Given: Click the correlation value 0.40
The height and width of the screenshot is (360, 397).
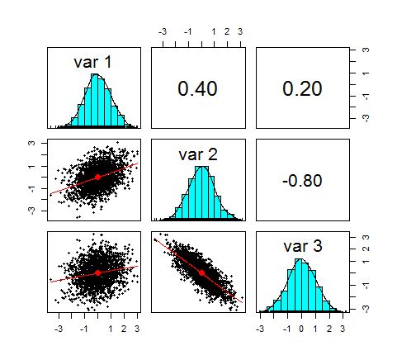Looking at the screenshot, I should point(197,89).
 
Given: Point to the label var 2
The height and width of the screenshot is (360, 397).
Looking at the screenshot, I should point(197,152).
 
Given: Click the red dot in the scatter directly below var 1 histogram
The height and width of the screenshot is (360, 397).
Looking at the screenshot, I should point(97,177).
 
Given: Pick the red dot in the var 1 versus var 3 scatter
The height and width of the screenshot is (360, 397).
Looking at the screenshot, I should point(97,272).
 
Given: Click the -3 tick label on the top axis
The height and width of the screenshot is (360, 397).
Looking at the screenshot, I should point(163,32).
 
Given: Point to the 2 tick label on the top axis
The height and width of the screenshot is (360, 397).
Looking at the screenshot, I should point(227,32).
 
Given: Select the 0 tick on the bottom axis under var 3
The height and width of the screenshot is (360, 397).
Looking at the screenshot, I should point(301,327).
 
